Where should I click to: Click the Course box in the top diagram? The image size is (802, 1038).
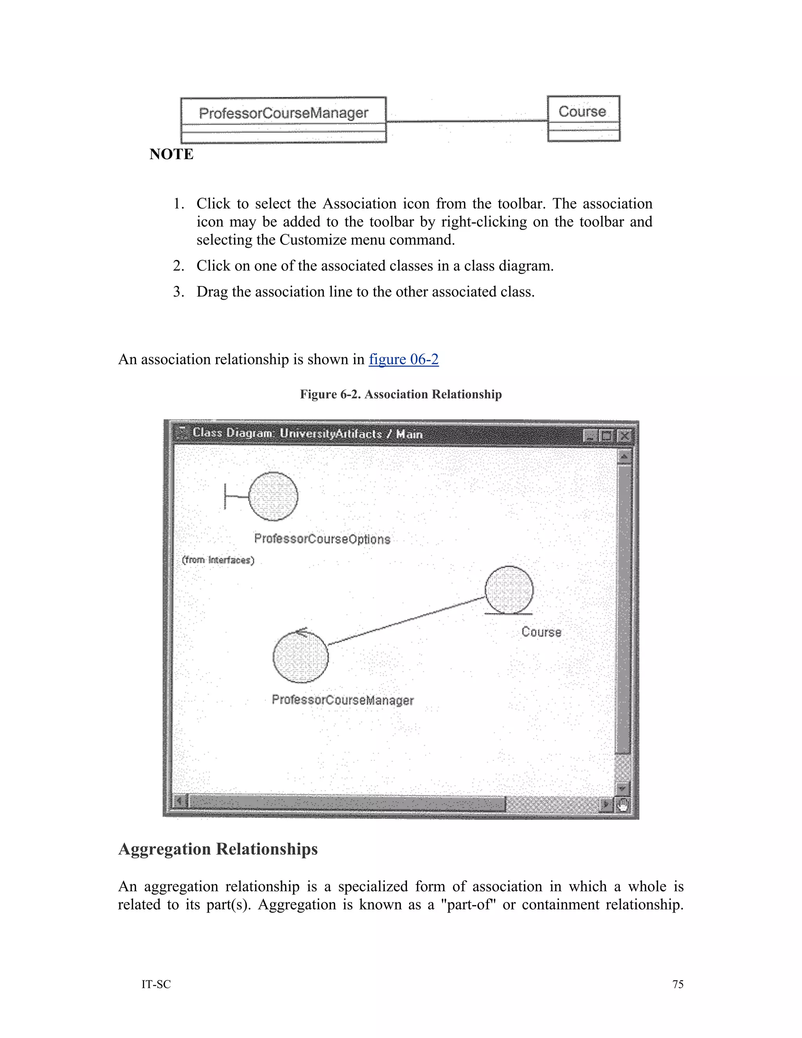click(x=583, y=118)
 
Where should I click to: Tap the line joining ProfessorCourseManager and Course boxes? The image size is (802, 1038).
click(x=466, y=121)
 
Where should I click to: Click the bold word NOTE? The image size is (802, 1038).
click(x=171, y=154)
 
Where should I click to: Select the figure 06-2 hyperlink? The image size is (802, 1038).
click(x=403, y=359)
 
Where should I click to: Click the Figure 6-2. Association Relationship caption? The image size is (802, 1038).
click(x=401, y=394)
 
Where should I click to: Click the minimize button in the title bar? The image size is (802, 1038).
click(x=590, y=435)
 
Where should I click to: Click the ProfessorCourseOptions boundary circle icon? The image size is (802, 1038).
click(x=273, y=496)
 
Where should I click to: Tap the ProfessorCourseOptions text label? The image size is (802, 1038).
click(x=322, y=539)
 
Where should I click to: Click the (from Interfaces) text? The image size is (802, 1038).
click(x=218, y=560)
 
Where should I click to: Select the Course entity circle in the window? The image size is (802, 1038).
click(x=509, y=590)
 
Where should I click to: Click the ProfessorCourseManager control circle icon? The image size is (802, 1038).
click(x=300, y=657)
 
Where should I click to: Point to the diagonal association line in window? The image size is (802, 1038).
click(x=406, y=621)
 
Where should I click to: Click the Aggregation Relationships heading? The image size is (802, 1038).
click(x=218, y=849)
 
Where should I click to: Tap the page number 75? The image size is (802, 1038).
click(x=677, y=984)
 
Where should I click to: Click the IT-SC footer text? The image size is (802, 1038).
click(x=156, y=984)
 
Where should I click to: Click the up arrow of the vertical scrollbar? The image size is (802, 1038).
click(x=623, y=456)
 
